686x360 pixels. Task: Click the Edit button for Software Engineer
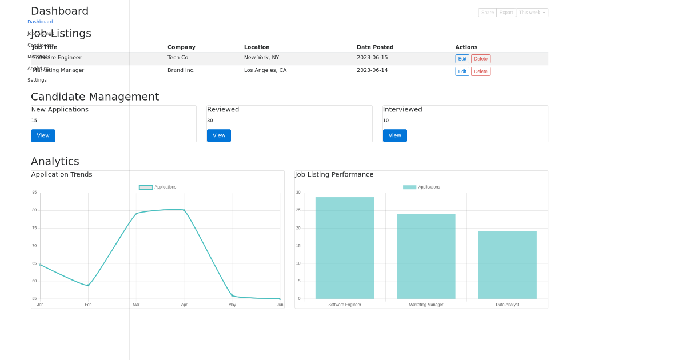[x=462, y=59]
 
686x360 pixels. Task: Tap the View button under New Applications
[x=43, y=135]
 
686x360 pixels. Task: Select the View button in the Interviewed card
[x=394, y=135]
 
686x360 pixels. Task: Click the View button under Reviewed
[x=219, y=135]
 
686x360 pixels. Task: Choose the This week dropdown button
[x=532, y=13]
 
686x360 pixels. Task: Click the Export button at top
[x=506, y=13]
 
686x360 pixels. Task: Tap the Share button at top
[x=487, y=13]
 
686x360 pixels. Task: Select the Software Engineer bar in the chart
[x=345, y=248]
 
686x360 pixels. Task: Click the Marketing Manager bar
[x=426, y=257]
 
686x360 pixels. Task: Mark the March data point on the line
[x=136, y=214]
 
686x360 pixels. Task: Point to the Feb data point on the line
[x=88, y=285]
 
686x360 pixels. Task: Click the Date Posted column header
[x=375, y=47]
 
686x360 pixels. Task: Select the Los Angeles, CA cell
[x=265, y=70]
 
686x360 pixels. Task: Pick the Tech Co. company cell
[x=178, y=58]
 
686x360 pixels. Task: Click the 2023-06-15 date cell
[x=372, y=58]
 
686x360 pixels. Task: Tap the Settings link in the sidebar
[x=37, y=80]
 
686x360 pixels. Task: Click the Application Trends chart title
[x=62, y=175]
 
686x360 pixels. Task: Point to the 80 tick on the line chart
[x=34, y=210]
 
